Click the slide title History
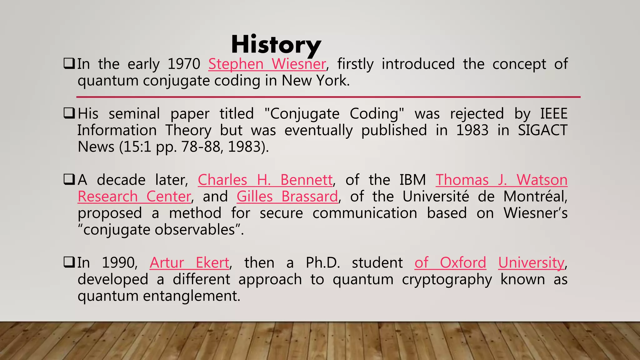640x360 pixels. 276,45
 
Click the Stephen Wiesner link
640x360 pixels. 267,64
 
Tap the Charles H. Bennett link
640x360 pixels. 265,180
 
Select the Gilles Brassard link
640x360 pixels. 287,197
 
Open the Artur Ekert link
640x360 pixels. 189,262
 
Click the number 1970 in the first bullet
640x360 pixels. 184,64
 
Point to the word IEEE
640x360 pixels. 554,114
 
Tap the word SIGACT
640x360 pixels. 542,130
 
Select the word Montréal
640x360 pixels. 535,197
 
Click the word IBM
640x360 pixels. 412,180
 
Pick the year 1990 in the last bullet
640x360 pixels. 120,262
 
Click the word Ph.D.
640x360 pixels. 322,262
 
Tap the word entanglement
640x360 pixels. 192,296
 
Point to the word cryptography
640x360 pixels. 447,279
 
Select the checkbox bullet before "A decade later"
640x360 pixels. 69,180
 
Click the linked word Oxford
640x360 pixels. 463,262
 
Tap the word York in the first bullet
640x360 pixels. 333,81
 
